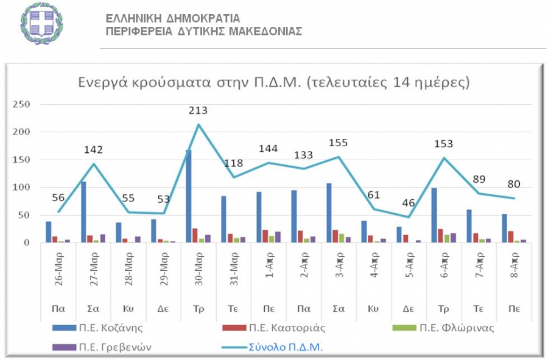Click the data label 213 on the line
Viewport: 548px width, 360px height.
click(198, 110)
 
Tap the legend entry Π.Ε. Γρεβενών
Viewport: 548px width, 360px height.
click(116, 347)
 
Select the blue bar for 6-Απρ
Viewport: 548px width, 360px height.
click(434, 215)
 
